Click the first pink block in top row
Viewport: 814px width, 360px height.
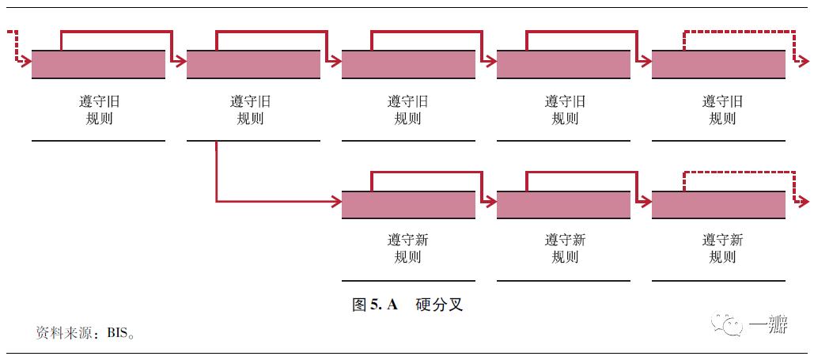(98, 64)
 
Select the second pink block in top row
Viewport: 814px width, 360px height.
(253, 64)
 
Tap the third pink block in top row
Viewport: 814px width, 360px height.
(408, 64)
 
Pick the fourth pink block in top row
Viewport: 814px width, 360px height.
(563, 64)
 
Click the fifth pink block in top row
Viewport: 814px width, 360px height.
(718, 64)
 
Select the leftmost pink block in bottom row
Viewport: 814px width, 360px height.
(408, 205)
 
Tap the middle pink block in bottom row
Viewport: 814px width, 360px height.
(563, 205)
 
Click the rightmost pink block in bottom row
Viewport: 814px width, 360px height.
(718, 205)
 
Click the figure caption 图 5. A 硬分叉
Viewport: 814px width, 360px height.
(407, 305)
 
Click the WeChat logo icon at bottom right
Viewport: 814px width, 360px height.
(729, 325)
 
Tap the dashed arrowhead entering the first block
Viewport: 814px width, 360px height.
(26, 60)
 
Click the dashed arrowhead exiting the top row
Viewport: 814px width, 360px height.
(804, 60)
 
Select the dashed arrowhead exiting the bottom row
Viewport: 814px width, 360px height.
(804, 201)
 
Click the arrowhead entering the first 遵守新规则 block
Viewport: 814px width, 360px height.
(336, 201)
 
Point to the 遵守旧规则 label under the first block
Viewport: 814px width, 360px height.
(98, 110)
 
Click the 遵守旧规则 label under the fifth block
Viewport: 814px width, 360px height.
(721, 110)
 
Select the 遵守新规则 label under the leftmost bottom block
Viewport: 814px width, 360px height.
(408, 248)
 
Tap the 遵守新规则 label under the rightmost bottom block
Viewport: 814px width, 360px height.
(721, 248)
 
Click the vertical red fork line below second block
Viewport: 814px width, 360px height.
(216, 170)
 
